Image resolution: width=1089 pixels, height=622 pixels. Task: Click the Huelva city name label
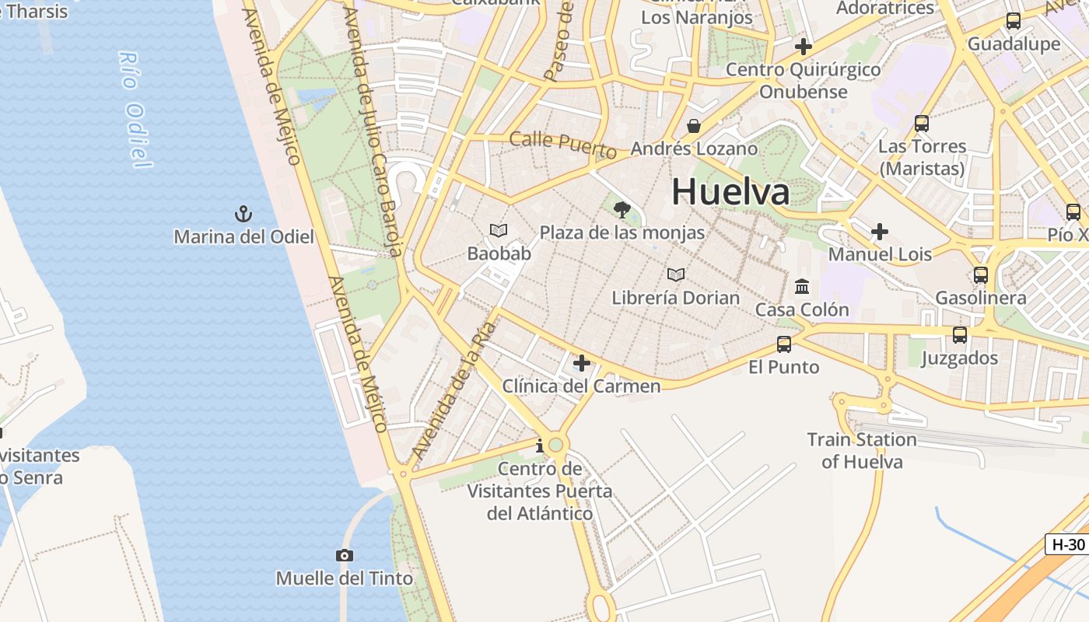tap(730, 191)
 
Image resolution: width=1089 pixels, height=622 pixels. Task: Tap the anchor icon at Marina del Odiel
tap(243, 213)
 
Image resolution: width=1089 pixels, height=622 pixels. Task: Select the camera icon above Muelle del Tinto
tap(345, 555)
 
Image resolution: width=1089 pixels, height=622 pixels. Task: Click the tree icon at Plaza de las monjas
tap(622, 209)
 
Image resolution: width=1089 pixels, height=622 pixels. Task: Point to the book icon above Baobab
tap(499, 230)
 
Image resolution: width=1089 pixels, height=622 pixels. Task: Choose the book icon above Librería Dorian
tap(676, 274)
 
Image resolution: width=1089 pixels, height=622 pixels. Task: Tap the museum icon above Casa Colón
tap(802, 287)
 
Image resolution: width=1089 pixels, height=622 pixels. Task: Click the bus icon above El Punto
tap(784, 344)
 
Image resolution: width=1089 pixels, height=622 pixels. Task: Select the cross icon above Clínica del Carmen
tap(581, 363)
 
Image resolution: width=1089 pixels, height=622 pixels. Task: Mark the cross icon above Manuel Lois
tap(880, 232)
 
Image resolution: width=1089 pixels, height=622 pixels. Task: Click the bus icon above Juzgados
tap(960, 335)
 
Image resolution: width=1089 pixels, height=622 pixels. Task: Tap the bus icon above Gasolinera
tap(981, 274)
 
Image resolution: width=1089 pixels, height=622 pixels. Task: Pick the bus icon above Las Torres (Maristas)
tap(922, 123)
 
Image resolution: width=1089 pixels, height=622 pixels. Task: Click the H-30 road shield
tap(1067, 544)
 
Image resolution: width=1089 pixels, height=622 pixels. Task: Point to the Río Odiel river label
tap(133, 110)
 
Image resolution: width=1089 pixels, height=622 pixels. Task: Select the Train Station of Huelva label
tap(862, 450)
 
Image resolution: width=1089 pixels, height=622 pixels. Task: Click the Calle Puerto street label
tap(562, 143)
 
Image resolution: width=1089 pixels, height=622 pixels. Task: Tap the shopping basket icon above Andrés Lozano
tap(694, 126)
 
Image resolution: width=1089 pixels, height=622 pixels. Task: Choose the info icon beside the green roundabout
tap(540, 446)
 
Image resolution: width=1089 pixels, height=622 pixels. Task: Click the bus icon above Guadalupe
tap(1013, 21)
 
